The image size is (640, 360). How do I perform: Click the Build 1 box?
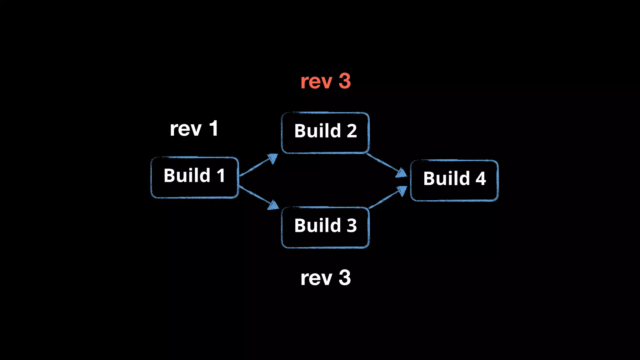(x=195, y=177)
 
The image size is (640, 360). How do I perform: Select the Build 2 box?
(x=325, y=133)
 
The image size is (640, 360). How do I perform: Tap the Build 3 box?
(x=325, y=227)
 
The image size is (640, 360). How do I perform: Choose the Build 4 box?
(x=454, y=180)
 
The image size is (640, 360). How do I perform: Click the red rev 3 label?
(x=325, y=82)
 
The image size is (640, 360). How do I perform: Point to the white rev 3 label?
(x=325, y=278)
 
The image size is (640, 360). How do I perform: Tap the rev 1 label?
(x=194, y=128)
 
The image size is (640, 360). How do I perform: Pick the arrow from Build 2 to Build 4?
(x=386, y=164)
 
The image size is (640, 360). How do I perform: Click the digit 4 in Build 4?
(x=481, y=179)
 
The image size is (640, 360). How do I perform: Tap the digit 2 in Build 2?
(x=352, y=131)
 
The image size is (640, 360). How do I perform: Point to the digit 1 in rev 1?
(x=213, y=128)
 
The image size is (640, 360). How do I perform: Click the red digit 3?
(x=345, y=81)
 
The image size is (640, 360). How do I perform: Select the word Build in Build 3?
(x=317, y=225)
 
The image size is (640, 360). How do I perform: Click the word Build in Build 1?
(x=187, y=175)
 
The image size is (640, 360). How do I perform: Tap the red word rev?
(x=316, y=82)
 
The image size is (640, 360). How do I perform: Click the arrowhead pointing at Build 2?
(x=273, y=157)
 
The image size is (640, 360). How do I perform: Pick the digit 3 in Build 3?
(x=352, y=226)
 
